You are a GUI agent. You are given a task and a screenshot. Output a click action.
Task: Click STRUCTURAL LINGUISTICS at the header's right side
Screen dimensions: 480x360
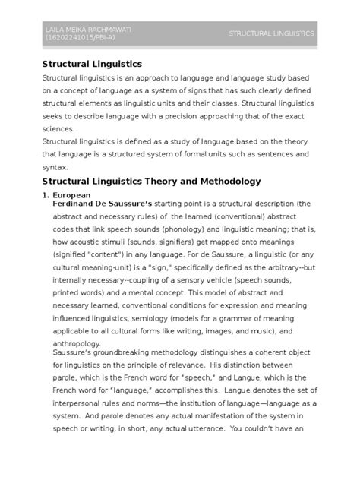point(271,33)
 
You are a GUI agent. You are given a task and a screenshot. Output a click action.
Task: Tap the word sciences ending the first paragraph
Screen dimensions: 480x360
point(59,128)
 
